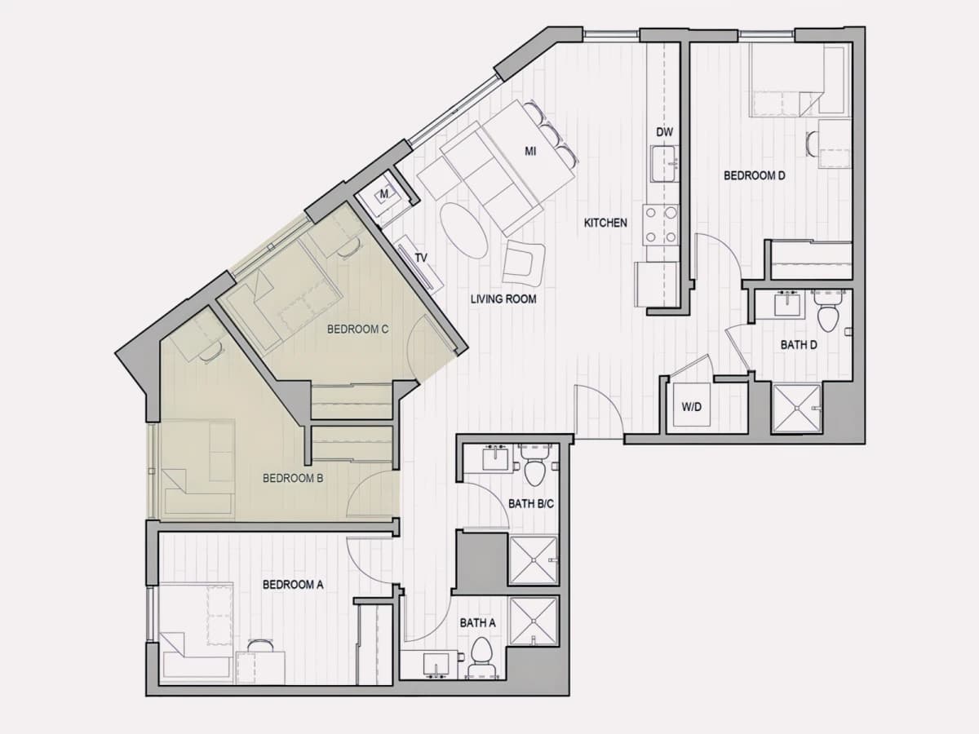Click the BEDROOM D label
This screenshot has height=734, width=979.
pyautogui.click(x=754, y=175)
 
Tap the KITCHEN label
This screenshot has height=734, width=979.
pyautogui.click(x=605, y=223)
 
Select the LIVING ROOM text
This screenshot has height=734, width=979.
pyautogui.click(x=503, y=298)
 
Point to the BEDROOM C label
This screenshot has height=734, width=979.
pyautogui.click(x=357, y=329)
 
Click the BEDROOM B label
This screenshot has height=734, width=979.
pyautogui.click(x=293, y=478)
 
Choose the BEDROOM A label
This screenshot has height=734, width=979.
pyautogui.click(x=293, y=584)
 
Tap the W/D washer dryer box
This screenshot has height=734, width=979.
pyautogui.click(x=691, y=404)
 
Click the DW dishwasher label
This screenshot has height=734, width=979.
pyautogui.click(x=664, y=132)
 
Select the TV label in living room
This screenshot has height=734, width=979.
pyautogui.click(x=421, y=258)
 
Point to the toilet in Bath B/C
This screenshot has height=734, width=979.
pyautogui.click(x=534, y=466)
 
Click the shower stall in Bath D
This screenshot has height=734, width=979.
pyautogui.click(x=796, y=409)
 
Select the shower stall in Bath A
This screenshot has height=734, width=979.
pyautogui.click(x=534, y=621)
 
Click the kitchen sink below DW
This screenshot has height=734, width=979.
pyautogui.click(x=665, y=164)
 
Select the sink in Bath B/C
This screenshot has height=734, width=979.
pyautogui.click(x=495, y=458)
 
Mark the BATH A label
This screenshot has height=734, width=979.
pyautogui.click(x=478, y=622)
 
